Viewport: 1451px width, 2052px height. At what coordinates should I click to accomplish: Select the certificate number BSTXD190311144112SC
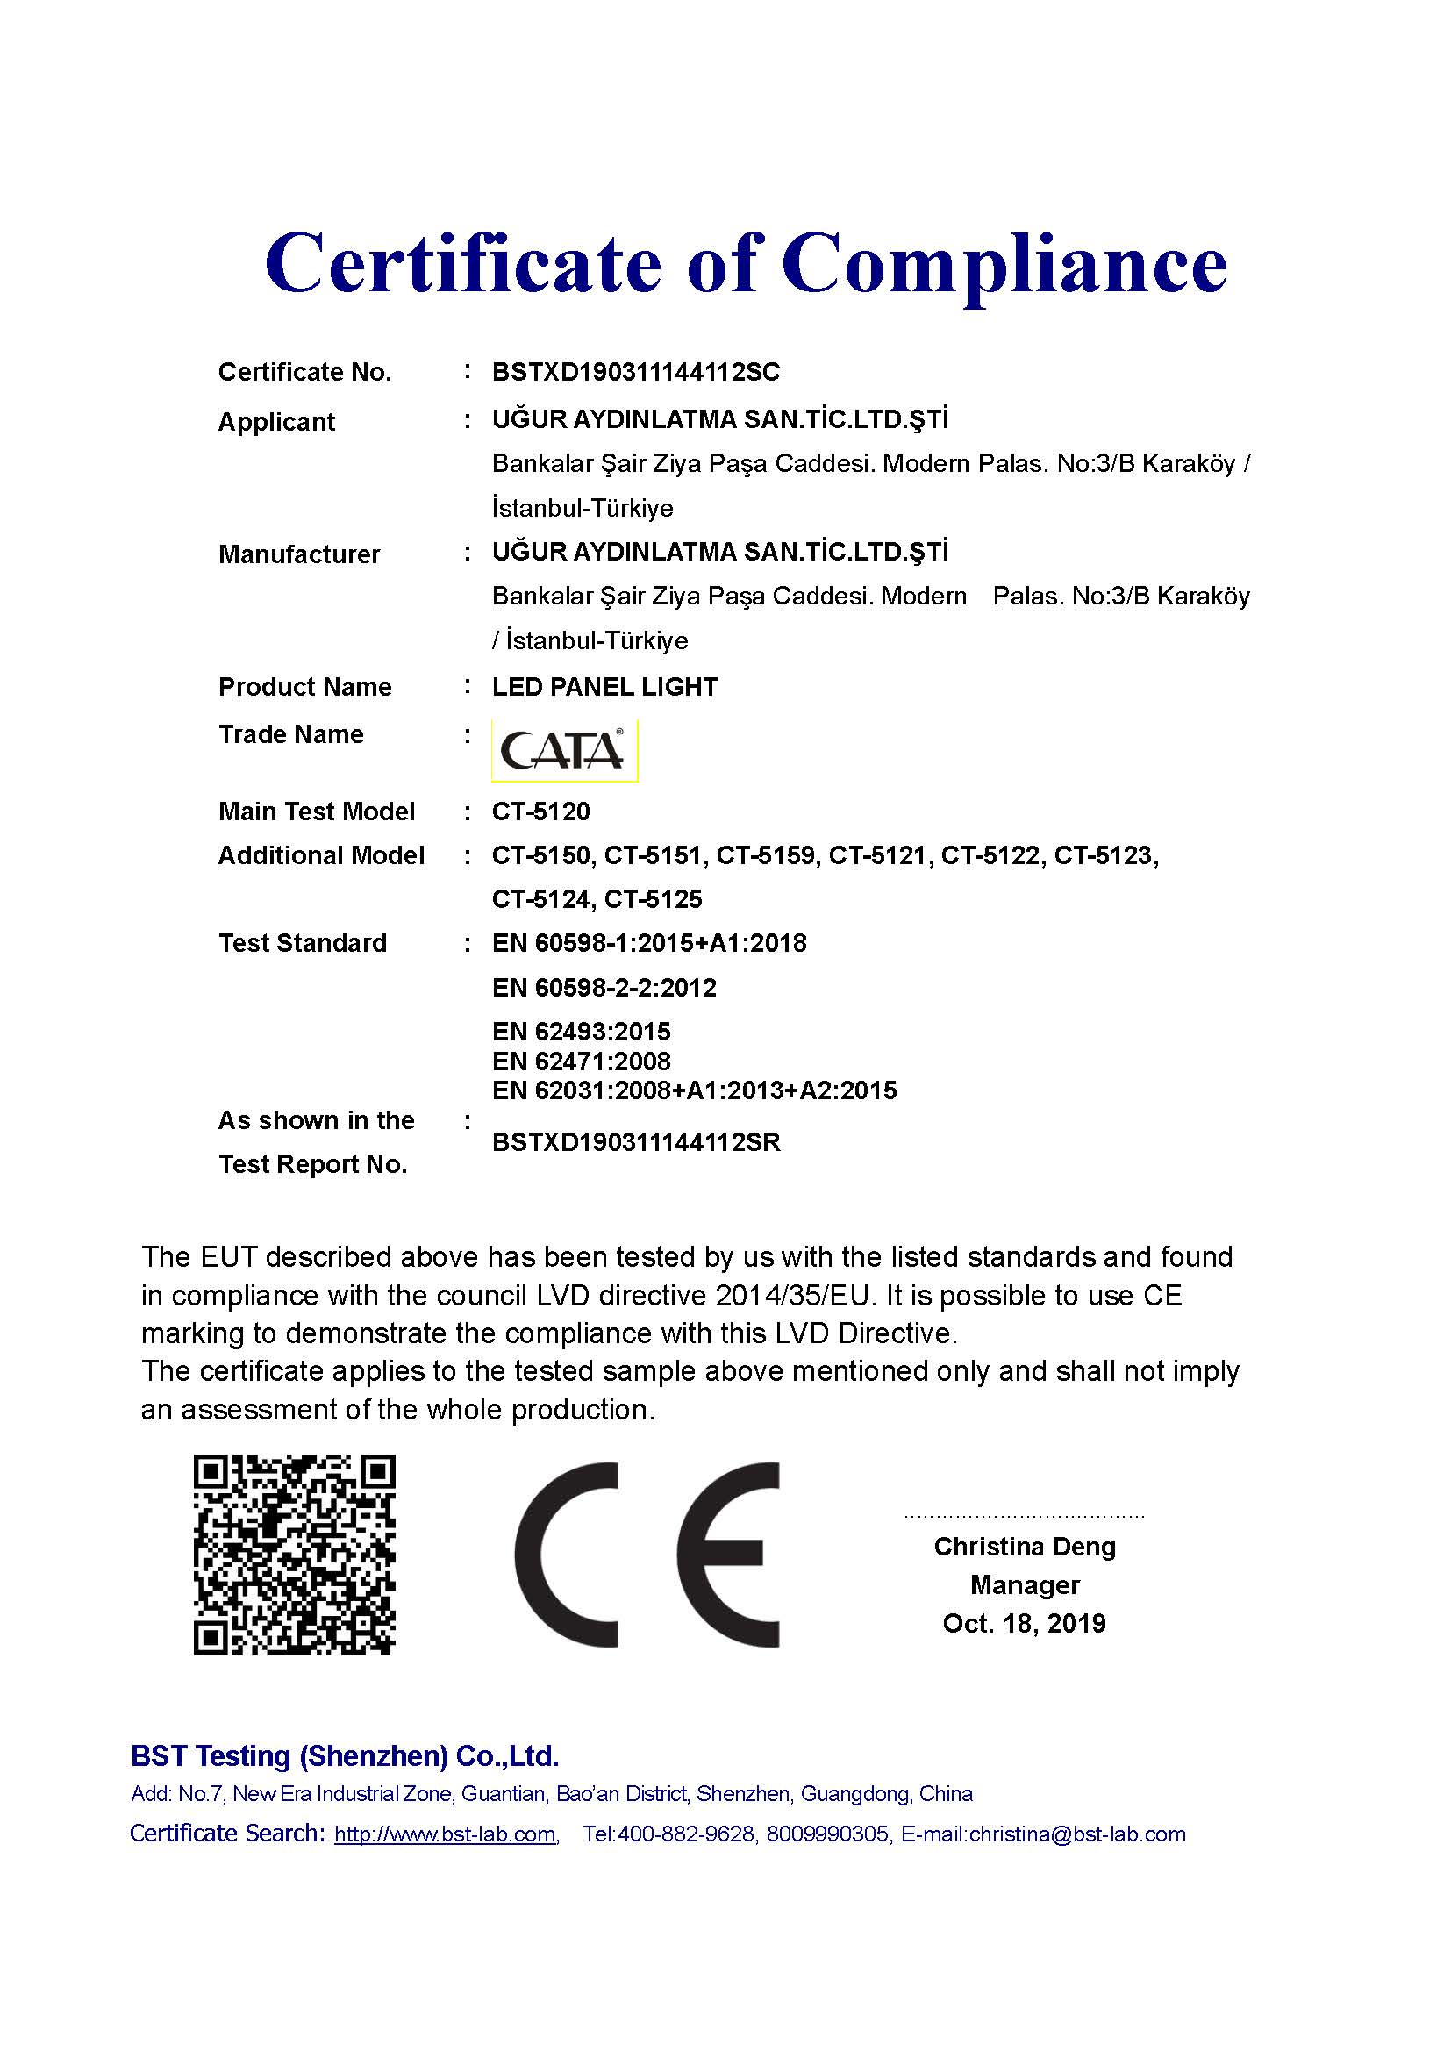[635, 372]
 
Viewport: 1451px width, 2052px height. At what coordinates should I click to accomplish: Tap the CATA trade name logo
[564, 750]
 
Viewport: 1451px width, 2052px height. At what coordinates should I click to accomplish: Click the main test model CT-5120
[540, 812]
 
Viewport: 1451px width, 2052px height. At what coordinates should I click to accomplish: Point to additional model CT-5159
[766, 855]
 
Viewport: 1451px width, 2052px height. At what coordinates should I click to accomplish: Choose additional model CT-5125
[654, 899]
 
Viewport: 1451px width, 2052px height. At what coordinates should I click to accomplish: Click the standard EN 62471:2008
[581, 1062]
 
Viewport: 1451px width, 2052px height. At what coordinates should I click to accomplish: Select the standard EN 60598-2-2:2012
[604, 988]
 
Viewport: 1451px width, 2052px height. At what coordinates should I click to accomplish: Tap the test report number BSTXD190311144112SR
[636, 1142]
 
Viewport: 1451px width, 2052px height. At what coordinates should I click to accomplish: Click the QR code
[294, 1555]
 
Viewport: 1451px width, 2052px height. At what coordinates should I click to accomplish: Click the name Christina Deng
[1025, 1547]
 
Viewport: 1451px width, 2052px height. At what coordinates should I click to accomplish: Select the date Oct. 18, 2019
[1024, 1623]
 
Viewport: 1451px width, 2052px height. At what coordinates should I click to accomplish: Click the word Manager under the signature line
[1025, 1585]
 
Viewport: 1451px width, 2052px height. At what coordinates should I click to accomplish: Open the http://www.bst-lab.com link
[445, 1834]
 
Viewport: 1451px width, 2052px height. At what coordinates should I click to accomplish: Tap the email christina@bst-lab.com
[1076, 1834]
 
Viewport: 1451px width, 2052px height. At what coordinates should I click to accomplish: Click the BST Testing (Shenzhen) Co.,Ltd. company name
[345, 1756]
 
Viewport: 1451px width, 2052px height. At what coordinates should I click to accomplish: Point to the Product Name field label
[304, 686]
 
